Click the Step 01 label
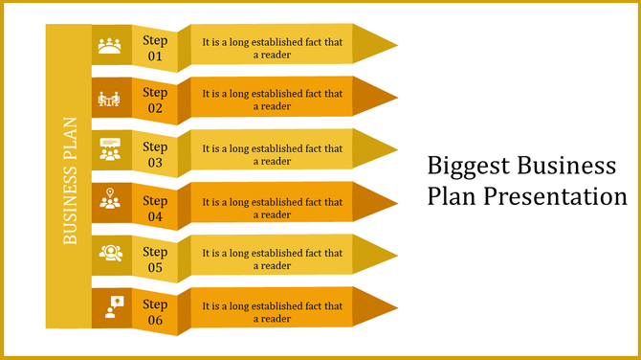(155, 48)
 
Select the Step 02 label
(155, 100)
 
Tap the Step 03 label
(155, 154)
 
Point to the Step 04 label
(155, 208)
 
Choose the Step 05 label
(155, 259)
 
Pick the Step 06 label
(155, 312)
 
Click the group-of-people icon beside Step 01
(111, 46)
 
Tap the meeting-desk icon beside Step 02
(111, 98)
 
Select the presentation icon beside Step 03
(111, 150)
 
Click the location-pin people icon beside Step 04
(111, 201)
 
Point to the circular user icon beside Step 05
(111, 253)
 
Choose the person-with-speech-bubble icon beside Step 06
(113, 305)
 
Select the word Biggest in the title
(468, 166)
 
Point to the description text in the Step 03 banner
(273, 155)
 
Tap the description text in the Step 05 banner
(273, 259)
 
